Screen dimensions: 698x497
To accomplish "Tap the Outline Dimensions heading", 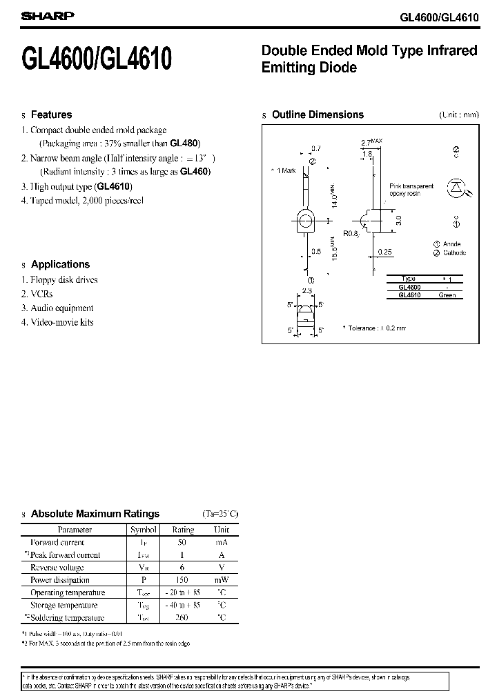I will [318, 115].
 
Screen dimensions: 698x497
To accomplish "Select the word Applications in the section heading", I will [60, 265].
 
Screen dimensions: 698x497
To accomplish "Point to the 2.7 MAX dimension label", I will [371, 143].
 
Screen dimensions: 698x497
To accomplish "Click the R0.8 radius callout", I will [351, 233].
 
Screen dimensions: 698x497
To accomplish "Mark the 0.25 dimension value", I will [384, 252].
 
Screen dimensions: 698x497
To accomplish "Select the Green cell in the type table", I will [447, 295].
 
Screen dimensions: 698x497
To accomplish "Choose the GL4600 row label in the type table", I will [410, 286].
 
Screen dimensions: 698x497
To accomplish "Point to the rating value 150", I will [182, 580].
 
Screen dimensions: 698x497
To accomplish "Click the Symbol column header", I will [144, 530].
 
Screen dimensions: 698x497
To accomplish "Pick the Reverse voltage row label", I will [57, 568].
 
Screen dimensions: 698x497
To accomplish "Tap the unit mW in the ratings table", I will [221, 580].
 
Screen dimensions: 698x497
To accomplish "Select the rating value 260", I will [182, 617].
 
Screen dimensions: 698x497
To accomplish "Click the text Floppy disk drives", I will [64, 280].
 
